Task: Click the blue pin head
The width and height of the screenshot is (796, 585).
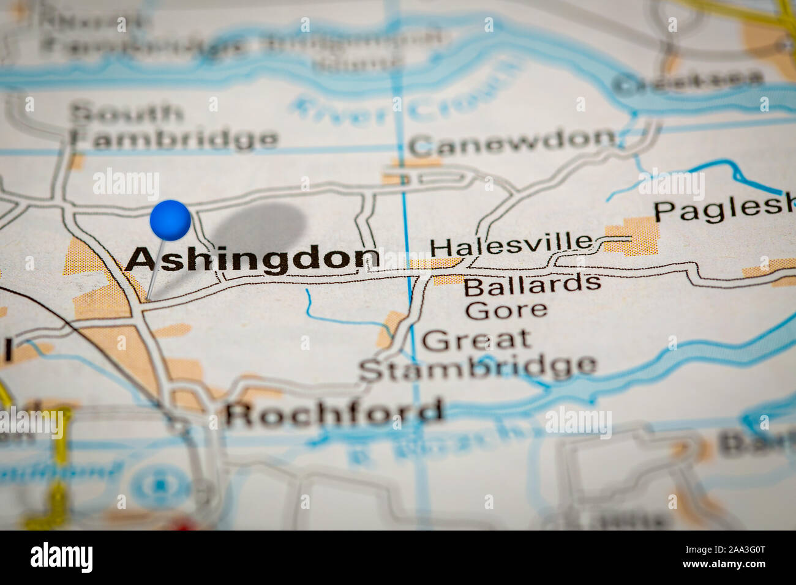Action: [x=170, y=220]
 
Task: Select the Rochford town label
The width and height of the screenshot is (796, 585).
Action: [x=334, y=414]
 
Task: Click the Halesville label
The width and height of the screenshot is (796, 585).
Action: [x=512, y=246]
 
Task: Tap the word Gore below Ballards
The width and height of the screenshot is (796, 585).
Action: [x=506, y=309]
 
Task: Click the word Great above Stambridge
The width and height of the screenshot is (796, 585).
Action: [x=476, y=340]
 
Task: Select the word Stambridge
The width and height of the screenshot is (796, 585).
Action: [x=478, y=367]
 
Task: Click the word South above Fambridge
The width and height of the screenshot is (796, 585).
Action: [x=127, y=113]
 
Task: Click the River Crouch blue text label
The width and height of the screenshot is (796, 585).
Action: [x=404, y=101]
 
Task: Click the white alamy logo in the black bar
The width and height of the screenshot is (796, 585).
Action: [x=61, y=557]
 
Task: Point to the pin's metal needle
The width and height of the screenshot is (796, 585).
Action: [x=154, y=269]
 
